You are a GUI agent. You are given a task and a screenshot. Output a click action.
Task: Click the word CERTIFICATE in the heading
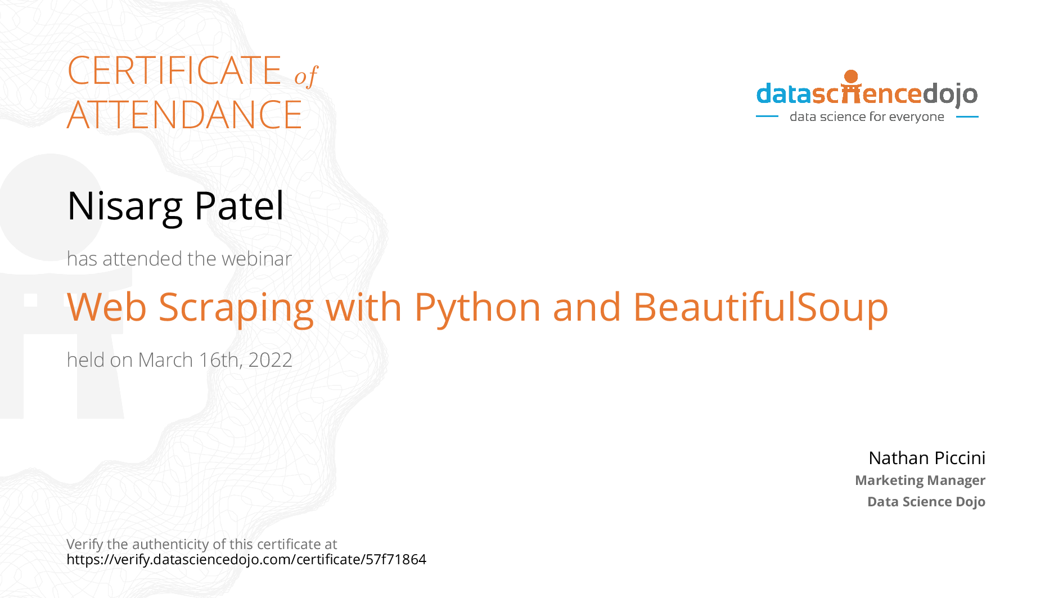[x=174, y=70]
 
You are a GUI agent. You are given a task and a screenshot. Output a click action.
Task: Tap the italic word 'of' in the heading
[x=307, y=76]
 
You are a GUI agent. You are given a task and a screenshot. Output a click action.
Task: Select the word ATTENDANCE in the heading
[x=184, y=115]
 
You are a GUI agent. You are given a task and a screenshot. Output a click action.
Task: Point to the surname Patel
[x=239, y=205]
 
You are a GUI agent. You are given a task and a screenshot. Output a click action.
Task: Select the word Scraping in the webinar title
[x=236, y=308]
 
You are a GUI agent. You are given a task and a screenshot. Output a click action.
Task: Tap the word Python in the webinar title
[x=478, y=308]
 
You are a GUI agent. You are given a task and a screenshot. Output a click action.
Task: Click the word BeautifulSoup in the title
[x=760, y=308]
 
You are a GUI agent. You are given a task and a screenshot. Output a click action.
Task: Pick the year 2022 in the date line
[x=271, y=360]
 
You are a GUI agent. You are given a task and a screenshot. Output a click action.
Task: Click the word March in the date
[x=165, y=360]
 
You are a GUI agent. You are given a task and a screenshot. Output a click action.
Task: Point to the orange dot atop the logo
[x=851, y=77]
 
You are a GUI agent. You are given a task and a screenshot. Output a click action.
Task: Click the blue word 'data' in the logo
[x=784, y=94]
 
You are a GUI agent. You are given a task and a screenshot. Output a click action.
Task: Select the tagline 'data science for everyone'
[x=867, y=116]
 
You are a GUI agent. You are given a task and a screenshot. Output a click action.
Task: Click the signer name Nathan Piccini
[x=927, y=458]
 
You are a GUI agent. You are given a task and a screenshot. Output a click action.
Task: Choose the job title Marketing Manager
[x=920, y=480]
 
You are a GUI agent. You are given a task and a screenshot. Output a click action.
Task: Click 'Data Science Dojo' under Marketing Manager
[x=926, y=501]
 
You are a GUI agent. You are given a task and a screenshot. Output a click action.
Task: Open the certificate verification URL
[x=246, y=559]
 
